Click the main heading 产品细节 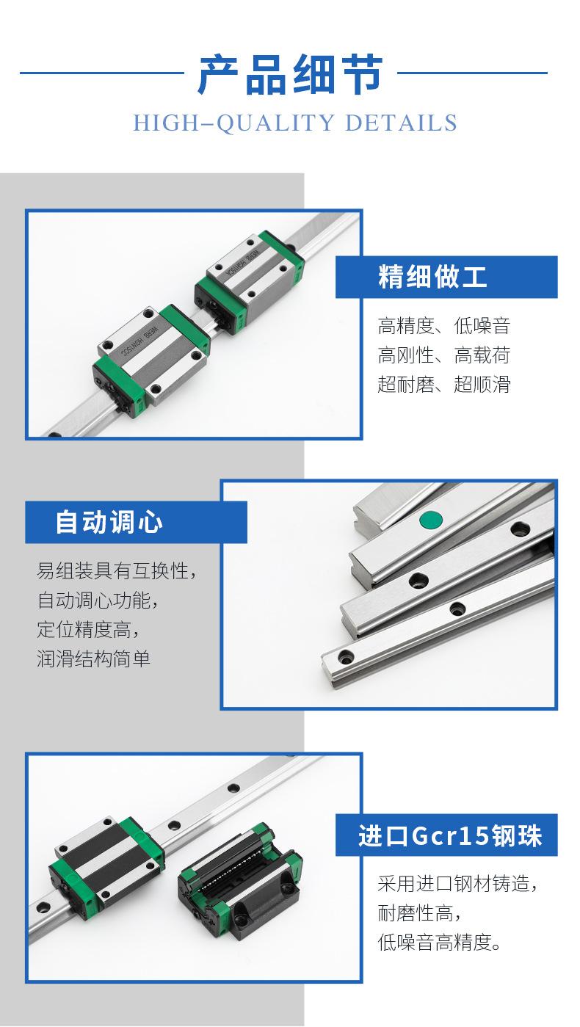[290, 75]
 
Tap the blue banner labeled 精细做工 [446, 277]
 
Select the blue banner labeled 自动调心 [136, 522]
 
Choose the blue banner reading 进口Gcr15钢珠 [446, 835]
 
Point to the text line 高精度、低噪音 [443, 325]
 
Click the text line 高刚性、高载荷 [443, 355]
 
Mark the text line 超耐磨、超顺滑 [443, 384]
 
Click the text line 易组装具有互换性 [117, 570]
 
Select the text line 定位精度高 [88, 629]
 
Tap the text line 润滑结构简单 [93, 658]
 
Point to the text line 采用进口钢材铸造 [457, 883]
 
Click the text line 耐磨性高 [419, 913]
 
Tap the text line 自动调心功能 [98, 600]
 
